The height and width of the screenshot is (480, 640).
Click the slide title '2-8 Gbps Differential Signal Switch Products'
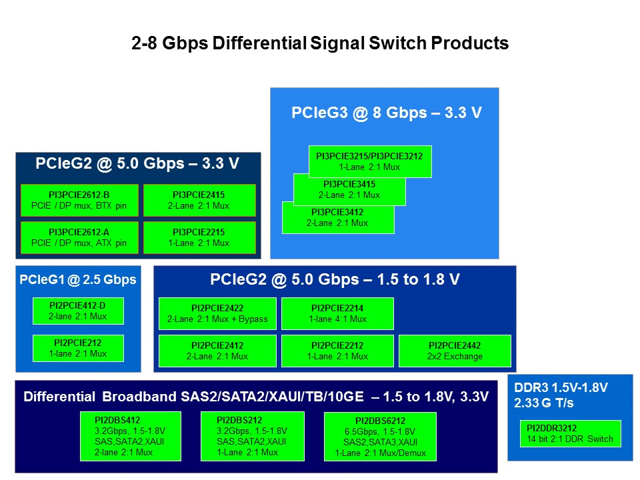319,44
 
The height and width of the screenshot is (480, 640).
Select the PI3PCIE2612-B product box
79,200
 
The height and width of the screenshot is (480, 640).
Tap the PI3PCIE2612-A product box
79,237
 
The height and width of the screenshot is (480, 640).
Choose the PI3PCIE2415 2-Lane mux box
199,200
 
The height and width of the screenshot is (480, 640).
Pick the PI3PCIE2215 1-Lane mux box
199,237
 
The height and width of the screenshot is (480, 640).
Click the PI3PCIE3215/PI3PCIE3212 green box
370,161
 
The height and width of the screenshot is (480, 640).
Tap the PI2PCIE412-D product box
78,311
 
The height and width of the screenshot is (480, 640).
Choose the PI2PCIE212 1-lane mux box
78,348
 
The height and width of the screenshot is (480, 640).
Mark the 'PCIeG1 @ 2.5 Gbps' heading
78,279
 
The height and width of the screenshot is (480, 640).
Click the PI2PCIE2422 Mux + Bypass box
217,313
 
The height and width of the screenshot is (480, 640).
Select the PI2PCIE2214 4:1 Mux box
337,313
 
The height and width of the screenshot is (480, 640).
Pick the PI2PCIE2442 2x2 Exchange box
455,351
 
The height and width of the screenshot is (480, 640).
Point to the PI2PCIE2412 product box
217,351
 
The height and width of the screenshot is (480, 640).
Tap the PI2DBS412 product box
130,436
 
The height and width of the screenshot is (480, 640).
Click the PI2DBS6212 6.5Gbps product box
380,436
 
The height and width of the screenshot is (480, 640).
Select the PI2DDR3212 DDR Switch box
570,433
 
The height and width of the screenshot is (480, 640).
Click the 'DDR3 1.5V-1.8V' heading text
562,387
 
